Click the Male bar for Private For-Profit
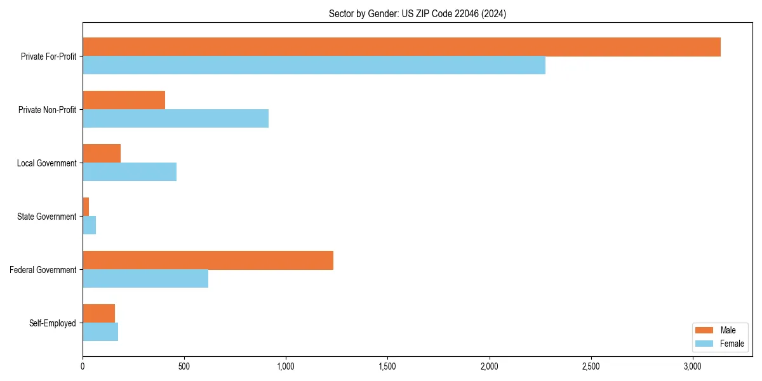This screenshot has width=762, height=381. (401, 47)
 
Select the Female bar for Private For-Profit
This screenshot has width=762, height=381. (314, 65)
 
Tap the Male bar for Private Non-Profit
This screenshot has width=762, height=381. (124, 100)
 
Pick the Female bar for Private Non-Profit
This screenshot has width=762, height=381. (175, 119)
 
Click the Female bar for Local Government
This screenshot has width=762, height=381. (130, 172)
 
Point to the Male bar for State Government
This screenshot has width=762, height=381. (86, 207)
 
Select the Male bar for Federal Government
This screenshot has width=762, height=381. (208, 260)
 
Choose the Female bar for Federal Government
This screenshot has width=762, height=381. (145, 279)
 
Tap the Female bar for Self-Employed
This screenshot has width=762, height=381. (100, 332)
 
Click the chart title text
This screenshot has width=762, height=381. (417, 13)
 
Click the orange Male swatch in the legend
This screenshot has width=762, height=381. (704, 330)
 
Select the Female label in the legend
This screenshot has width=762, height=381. (732, 344)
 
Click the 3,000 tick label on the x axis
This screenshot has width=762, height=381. (693, 366)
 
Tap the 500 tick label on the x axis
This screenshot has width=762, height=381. (184, 366)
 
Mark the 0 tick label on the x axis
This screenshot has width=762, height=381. (83, 366)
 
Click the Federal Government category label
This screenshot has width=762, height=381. (43, 270)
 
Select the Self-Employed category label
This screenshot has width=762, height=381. (53, 323)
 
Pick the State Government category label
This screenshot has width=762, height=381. (47, 217)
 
